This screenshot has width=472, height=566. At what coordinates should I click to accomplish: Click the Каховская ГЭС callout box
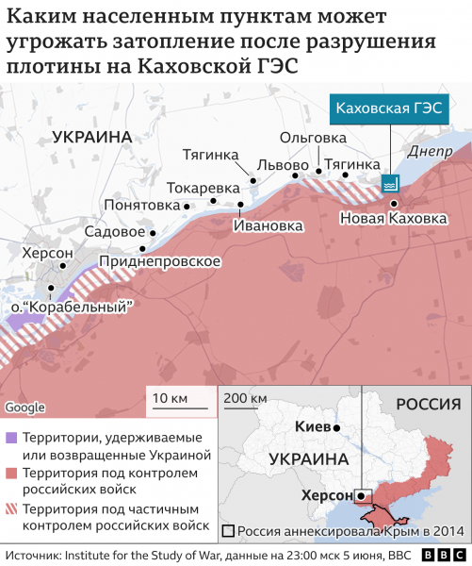point(390,108)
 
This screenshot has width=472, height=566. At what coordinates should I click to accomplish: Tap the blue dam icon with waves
point(389,183)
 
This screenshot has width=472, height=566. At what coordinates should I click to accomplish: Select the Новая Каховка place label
point(394,219)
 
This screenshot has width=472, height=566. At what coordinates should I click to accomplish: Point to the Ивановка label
point(269,225)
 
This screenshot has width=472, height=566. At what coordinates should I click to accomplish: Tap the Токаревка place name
point(203,187)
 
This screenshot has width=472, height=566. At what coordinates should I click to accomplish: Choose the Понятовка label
point(142,205)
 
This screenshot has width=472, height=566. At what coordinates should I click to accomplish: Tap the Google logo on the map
point(24,407)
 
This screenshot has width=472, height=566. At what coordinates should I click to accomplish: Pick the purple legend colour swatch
point(11,438)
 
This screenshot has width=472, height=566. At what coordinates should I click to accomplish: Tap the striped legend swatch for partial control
point(11,508)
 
